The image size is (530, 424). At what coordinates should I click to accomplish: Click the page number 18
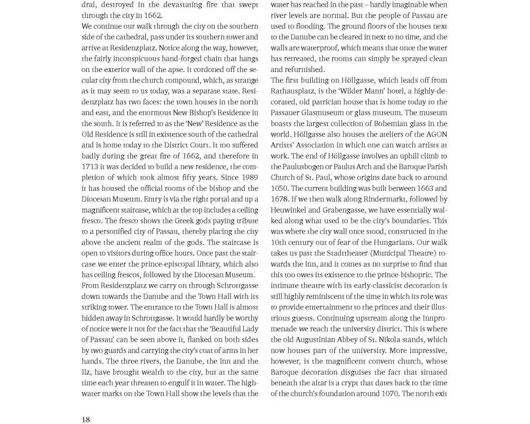86,419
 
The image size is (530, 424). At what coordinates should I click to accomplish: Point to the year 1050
279,188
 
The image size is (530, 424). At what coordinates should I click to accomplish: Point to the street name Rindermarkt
371,199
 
